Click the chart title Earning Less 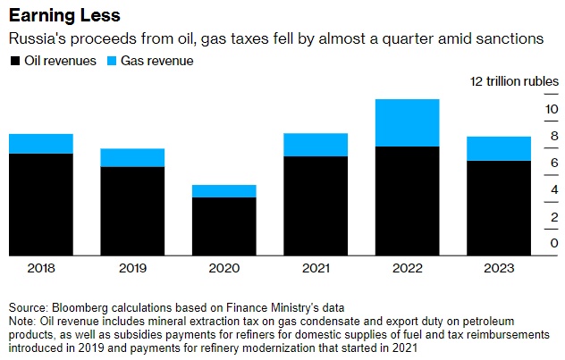coord(64,16)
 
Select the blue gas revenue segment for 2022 coord(407,122)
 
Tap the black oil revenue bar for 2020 coord(223,225)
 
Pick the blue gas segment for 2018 coord(40,144)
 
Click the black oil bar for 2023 coord(499,207)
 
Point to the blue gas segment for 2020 coord(223,191)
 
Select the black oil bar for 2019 coord(132,210)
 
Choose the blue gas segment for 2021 coord(316,145)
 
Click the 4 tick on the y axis coord(553,189)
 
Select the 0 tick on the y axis coord(553,244)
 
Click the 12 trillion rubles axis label coord(513,81)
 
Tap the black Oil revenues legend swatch coord(14,61)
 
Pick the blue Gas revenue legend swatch coord(112,61)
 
